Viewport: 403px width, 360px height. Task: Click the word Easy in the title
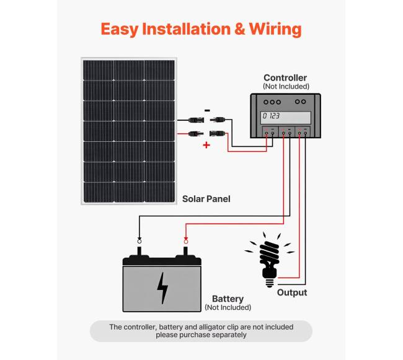coord(120,29)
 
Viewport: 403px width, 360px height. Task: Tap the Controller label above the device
coord(285,78)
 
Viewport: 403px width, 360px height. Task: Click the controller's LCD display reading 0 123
coord(286,116)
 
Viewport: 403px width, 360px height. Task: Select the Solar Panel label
coord(206,199)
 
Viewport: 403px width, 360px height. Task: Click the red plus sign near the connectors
coord(206,146)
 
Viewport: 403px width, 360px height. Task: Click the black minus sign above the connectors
coord(206,110)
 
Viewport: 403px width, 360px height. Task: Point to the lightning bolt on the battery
coord(162,288)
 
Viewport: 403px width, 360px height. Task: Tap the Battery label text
coord(228,299)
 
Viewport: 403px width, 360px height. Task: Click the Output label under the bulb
coord(291,292)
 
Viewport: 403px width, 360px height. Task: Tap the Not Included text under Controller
coord(286,87)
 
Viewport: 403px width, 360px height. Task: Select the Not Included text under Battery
coord(228,307)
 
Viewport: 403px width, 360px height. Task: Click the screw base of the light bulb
coord(270,280)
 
